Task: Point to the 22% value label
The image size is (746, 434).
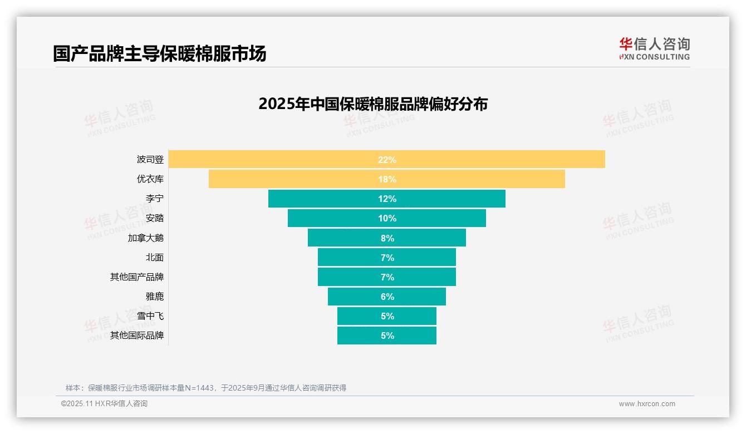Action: (x=387, y=160)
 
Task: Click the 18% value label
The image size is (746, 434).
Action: (x=387, y=179)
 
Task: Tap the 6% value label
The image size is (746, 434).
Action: (x=387, y=297)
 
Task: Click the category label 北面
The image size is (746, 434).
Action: (x=155, y=258)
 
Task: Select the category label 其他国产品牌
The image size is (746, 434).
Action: (x=137, y=277)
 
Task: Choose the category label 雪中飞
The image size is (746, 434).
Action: (x=150, y=316)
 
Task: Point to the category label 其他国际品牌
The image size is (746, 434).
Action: (x=137, y=336)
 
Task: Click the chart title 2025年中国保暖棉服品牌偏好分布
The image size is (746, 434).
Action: (x=373, y=104)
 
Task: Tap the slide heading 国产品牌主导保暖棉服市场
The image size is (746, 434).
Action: (x=160, y=53)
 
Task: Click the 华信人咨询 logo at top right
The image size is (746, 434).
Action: (x=654, y=49)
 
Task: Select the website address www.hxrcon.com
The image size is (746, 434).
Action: (x=647, y=404)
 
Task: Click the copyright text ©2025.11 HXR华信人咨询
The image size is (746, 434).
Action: (x=104, y=404)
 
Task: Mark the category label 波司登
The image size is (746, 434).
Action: (x=150, y=160)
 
